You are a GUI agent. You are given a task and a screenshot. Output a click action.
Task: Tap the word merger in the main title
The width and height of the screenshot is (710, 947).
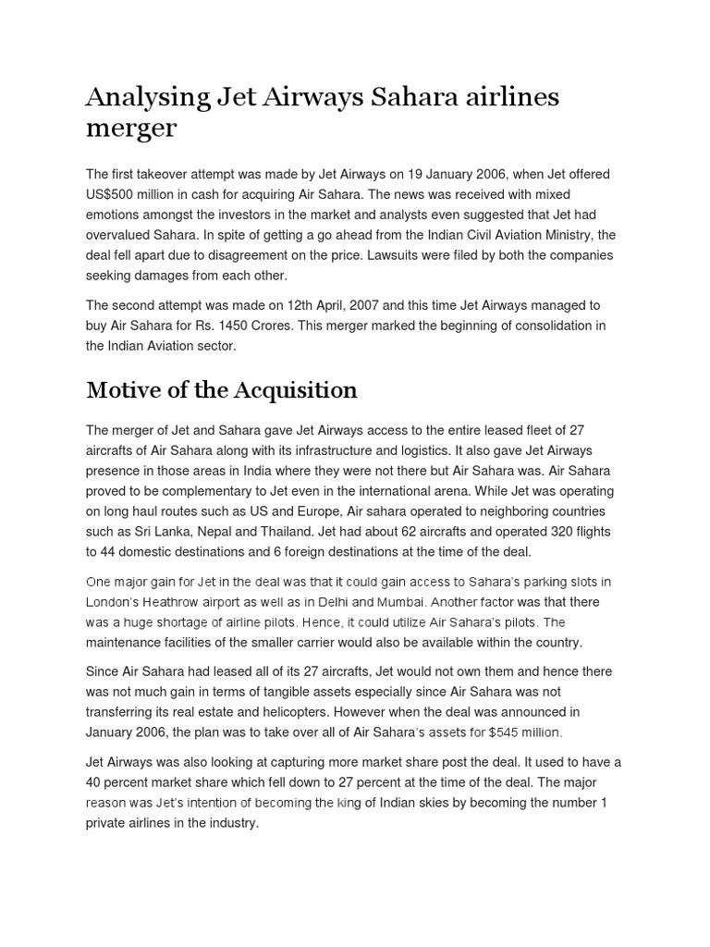[x=130, y=129]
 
